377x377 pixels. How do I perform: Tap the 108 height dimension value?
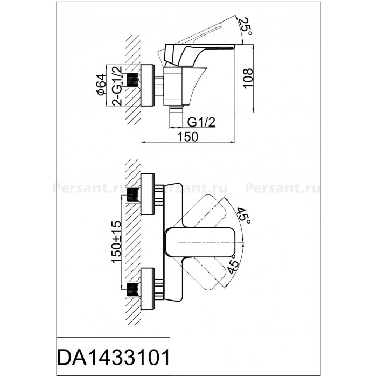click(248, 79)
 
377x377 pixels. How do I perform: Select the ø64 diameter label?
click(101, 84)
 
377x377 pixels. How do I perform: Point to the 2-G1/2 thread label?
click(117, 85)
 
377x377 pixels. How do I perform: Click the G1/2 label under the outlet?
click(201, 123)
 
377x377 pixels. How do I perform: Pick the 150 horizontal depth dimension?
click(188, 137)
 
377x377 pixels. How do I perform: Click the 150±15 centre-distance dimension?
click(116, 242)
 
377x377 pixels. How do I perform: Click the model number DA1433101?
click(114, 358)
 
